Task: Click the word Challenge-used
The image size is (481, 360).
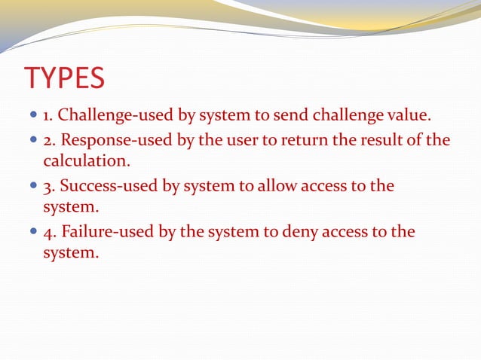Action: tap(108, 117)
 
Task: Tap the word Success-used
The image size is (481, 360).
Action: tap(104, 186)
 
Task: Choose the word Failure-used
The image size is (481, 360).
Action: tap(100, 232)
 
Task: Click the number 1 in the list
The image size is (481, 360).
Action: tap(47, 117)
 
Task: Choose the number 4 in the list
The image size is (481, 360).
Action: tap(47, 232)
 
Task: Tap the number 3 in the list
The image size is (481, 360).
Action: tap(47, 186)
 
